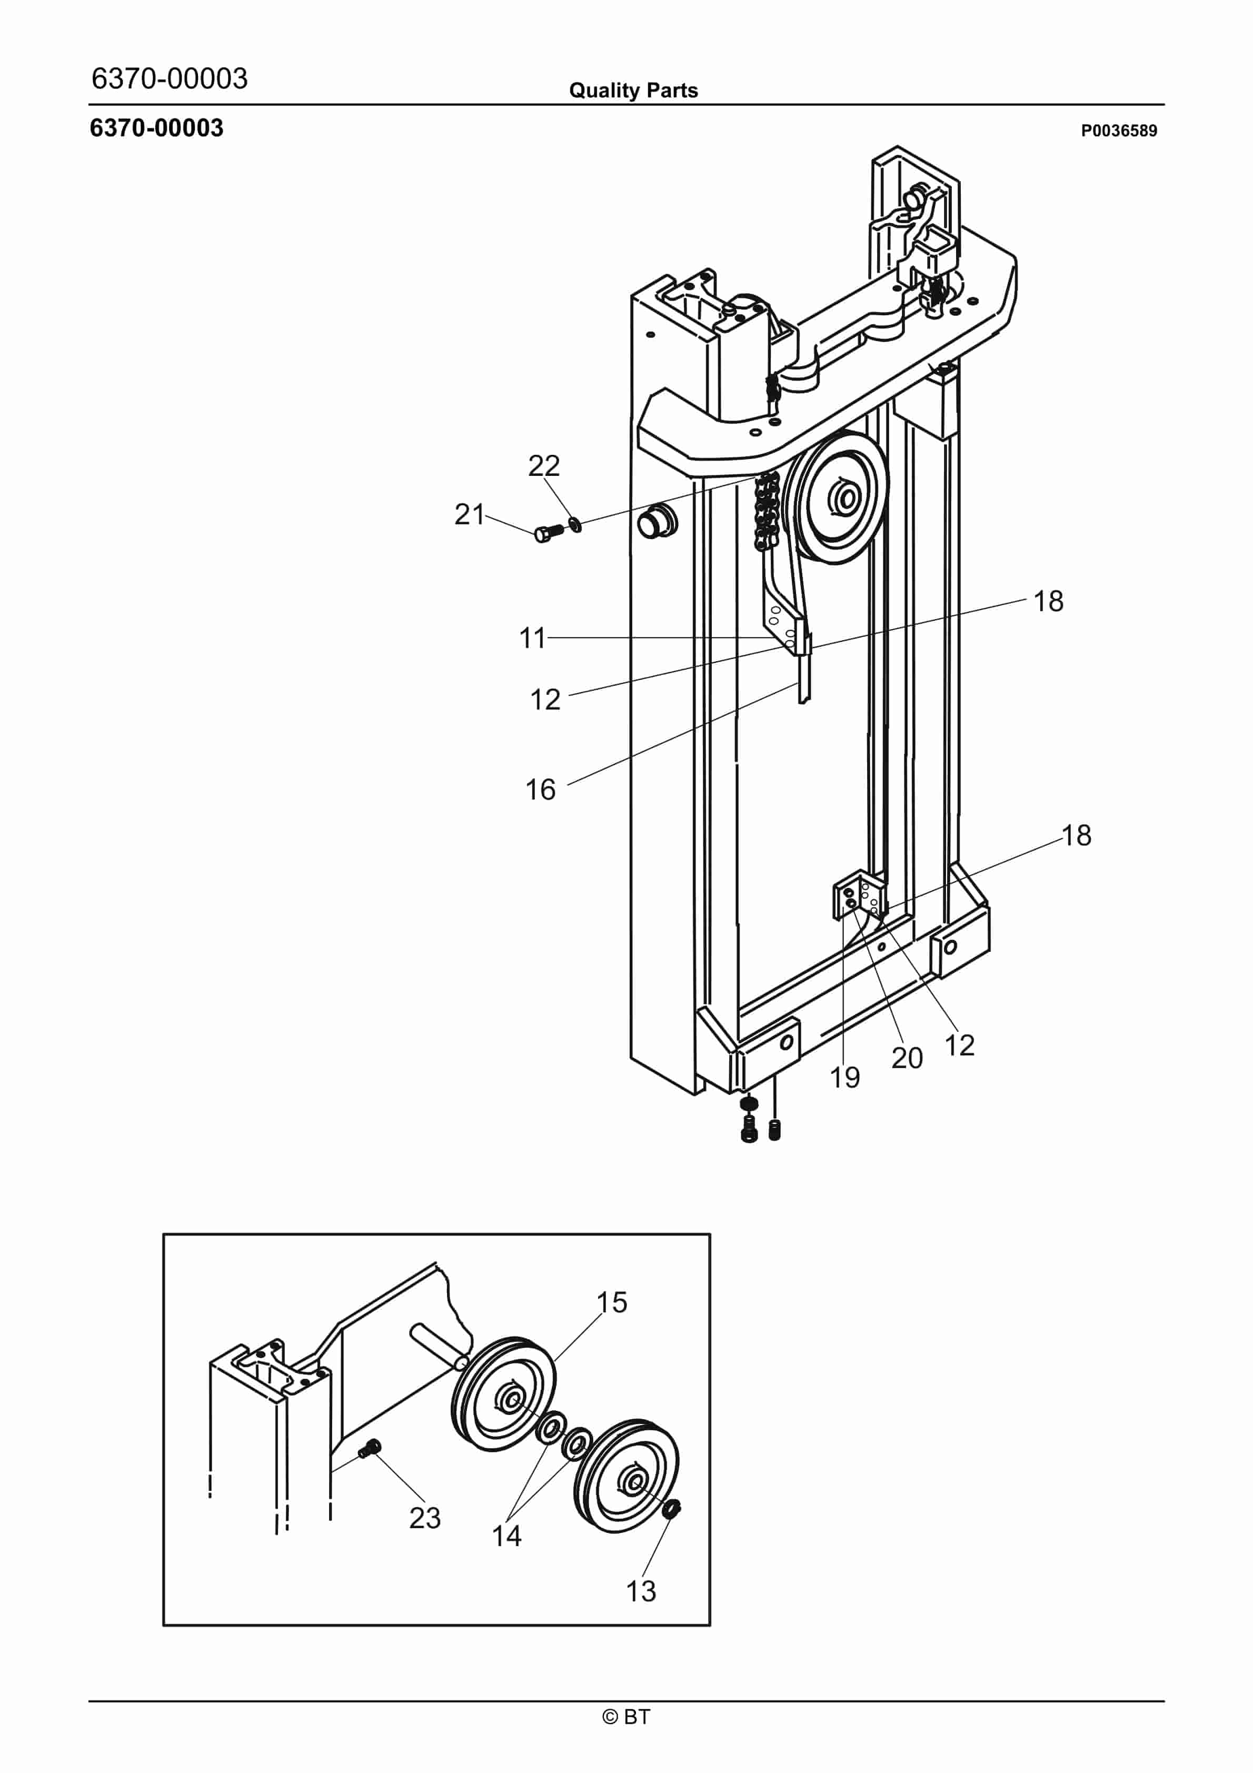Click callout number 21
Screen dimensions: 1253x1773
[x=469, y=514]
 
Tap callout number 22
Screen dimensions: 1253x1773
[x=543, y=466]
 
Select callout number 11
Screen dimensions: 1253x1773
[x=532, y=638]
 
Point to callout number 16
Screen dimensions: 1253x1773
[x=540, y=789]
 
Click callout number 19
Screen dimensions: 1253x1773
[x=844, y=1077]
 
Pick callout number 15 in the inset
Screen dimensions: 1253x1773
[x=611, y=1303]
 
